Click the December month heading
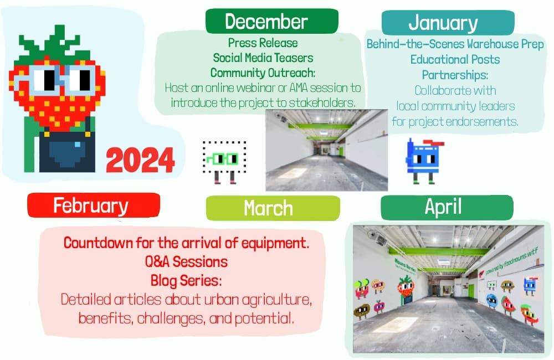pyautogui.click(x=266, y=22)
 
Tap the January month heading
pyautogui.click(x=443, y=23)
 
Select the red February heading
pyautogui.click(x=90, y=205)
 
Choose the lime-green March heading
pyautogui.click(x=268, y=208)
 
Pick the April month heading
pyautogui.click(x=443, y=207)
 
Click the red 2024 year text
pyautogui.click(x=140, y=161)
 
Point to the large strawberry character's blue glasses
pyautogui.click(x=57, y=79)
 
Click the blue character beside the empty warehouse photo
pyautogui.click(x=423, y=161)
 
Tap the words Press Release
pyautogui.click(x=263, y=43)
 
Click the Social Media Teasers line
pyautogui.click(x=263, y=58)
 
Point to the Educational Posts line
pyautogui.click(x=455, y=59)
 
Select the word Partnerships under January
pyautogui.click(x=455, y=75)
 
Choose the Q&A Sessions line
pyautogui.click(x=186, y=262)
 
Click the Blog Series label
pyautogui.click(x=186, y=281)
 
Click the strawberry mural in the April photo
pyautogui.click(x=406, y=290)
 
